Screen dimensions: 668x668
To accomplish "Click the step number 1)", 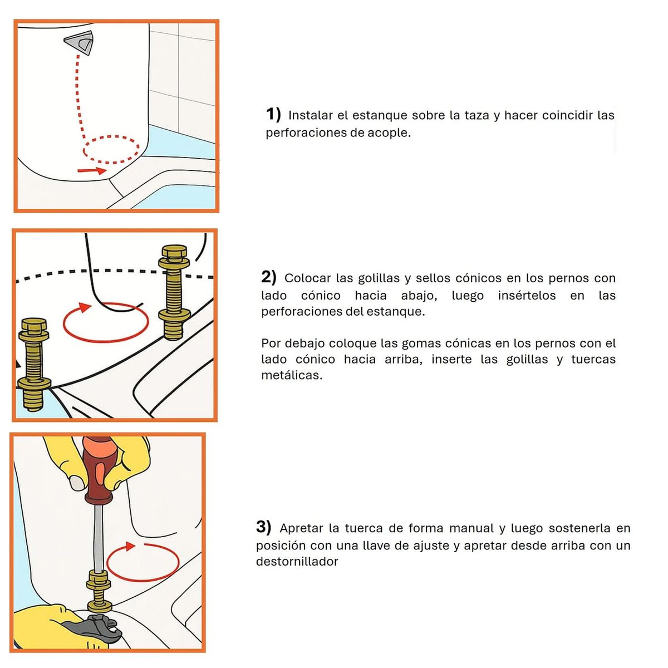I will point(273,114).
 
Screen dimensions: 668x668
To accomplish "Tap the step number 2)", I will point(269,277).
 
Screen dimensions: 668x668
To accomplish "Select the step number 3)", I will point(264,527).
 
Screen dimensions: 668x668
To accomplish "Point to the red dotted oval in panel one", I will point(111,149).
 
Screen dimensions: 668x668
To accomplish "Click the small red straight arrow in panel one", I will point(91,170).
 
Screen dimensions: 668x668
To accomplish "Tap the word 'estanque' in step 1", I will point(379,116).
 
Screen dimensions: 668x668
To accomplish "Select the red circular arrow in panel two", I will point(106,323).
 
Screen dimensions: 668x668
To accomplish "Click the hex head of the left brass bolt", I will point(35,326).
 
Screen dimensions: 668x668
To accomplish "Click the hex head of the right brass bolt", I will point(174,252).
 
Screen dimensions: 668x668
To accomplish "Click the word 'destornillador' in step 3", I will point(297,562).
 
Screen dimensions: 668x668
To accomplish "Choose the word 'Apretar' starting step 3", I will point(301,528).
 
